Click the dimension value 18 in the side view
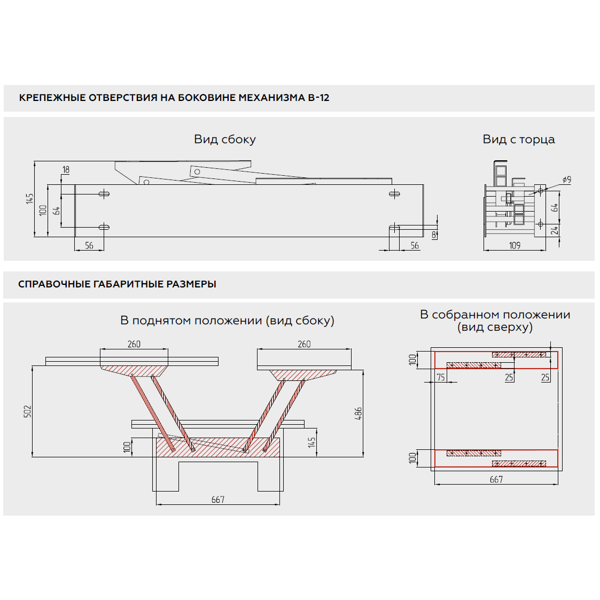pyautogui.click(x=66, y=170)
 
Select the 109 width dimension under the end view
pyautogui.click(x=515, y=245)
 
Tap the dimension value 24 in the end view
pyautogui.click(x=555, y=230)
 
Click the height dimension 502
pyautogui.click(x=28, y=411)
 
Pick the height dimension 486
pyautogui.click(x=359, y=413)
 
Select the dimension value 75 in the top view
pyautogui.click(x=441, y=377)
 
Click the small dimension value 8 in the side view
pyautogui.click(x=433, y=235)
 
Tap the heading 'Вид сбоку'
pyautogui.click(x=225, y=139)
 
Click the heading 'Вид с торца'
pyautogui.click(x=519, y=139)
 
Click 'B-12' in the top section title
pyautogui.click(x=318, y=98)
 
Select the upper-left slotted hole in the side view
pyautogui.click(x=104, y=193)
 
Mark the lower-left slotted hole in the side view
pyautogui.click(x=104, y=227)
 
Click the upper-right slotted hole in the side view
pyautogui.click(x=394, y=193)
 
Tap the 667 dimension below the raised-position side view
pyautogui.click(x=218, y=500)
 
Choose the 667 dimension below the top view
pyautogui.click(x=496, y=479)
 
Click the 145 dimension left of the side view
pyautogui.click(x=30, y=198)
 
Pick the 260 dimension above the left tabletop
pyautogui.click(x=134, y=344)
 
